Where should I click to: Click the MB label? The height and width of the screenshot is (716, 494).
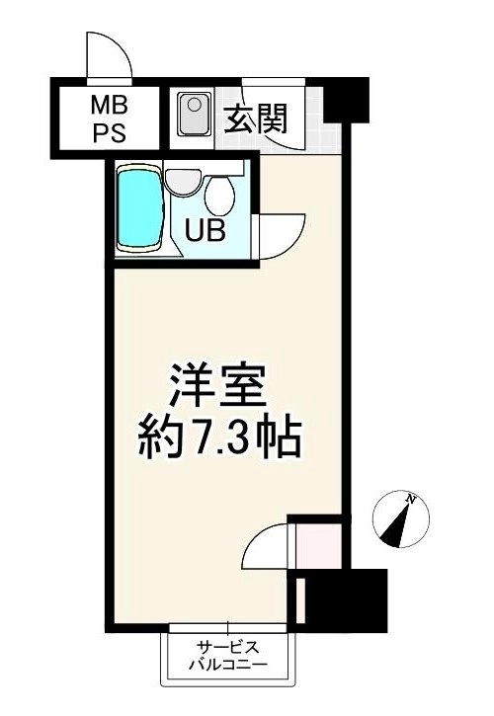(110, 108)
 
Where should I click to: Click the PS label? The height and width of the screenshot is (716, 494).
(110, 133)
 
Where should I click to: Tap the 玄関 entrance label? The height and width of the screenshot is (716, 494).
(256, 119)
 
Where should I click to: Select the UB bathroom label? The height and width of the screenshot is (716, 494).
(206, 230)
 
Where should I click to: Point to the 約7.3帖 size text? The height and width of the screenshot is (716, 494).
(220, 439)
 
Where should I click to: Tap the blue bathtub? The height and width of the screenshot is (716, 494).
(140, 208)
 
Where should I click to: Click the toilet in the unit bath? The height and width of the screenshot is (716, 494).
(219, 196)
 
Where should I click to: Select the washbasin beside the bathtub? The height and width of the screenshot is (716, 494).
(183, 183)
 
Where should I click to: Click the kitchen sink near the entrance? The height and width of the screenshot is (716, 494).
(195, 115)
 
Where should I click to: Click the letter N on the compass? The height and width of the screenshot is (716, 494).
(411, 499)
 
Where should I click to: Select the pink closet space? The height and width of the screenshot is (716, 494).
(318, 546)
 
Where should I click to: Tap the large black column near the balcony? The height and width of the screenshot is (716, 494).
(346, 599)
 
